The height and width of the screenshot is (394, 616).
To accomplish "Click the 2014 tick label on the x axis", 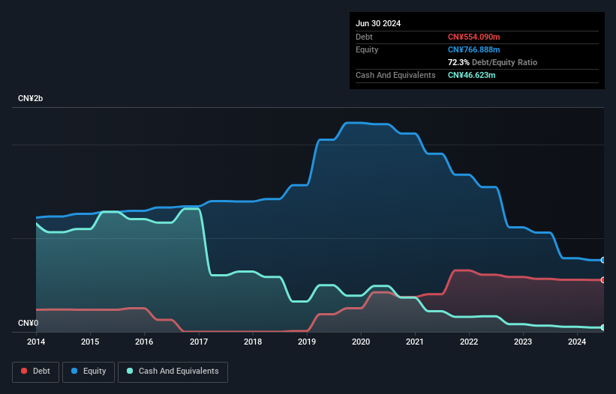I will point(35,342).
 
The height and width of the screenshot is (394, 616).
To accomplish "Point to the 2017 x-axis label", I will point(199,342).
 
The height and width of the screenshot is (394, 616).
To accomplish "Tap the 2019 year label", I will point(307,342).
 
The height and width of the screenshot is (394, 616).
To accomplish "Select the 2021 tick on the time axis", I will point(415,342).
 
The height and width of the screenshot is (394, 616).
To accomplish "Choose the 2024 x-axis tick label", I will point(577,342).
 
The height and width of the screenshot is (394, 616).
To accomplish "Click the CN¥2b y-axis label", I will point(31,99).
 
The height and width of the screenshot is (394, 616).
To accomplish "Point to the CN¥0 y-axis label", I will point(28,324).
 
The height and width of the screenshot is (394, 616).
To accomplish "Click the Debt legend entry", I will point(35,371).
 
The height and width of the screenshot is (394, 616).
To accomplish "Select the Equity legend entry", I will point(89,371).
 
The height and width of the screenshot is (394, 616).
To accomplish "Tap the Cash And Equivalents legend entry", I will point(173,371).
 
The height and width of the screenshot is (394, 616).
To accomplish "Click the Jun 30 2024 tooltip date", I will point(378,23).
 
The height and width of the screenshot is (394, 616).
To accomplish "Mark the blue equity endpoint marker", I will point(602,260).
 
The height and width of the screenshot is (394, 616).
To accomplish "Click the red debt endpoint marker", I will point(602,279).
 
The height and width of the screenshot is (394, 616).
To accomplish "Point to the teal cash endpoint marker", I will point(602,327).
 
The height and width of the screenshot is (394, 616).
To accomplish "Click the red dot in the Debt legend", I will point(24,371).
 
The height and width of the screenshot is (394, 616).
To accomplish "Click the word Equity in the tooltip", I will point(367,49).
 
